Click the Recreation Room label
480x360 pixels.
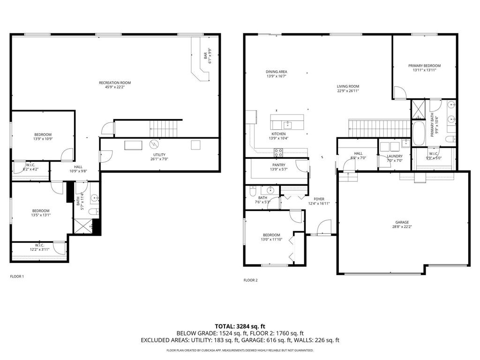[x=115, y=82]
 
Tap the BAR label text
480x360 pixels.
[x=205, y=56]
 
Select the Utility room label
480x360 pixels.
[x=159, y=155]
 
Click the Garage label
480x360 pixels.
[x=402, y=222]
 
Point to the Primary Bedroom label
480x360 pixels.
[x=424, y=66]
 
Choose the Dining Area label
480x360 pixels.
[x=277, y=72]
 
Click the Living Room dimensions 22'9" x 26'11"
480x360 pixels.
[x=348, y=91]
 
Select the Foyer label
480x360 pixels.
[x=319, y=199]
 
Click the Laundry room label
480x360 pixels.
[x=395, y=156]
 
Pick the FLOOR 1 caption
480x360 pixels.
[x=17, y=277]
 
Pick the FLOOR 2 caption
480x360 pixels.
[x=250, y=280]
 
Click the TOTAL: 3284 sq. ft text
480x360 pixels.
[x=240, y=326]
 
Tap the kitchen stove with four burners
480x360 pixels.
[x=278, y=152]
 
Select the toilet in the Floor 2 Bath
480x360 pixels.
[x=252, y=191]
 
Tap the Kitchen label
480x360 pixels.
[x=278, y=134]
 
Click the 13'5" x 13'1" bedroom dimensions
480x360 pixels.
[x=41, y=215]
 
